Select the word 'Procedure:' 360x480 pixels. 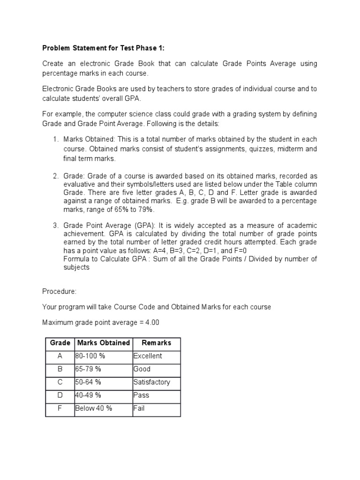(59, 291)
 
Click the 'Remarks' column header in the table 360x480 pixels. (157, 343)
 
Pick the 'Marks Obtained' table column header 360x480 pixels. (103, 343)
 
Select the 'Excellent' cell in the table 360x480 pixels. (148, 356)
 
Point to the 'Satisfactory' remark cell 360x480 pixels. (151, 382)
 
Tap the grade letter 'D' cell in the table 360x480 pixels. (60, 395)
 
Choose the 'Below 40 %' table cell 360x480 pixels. (94, 408)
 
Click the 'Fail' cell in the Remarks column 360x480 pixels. (139, 408)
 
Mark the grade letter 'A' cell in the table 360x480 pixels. (60, 356)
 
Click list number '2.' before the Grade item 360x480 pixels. (55, 176)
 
